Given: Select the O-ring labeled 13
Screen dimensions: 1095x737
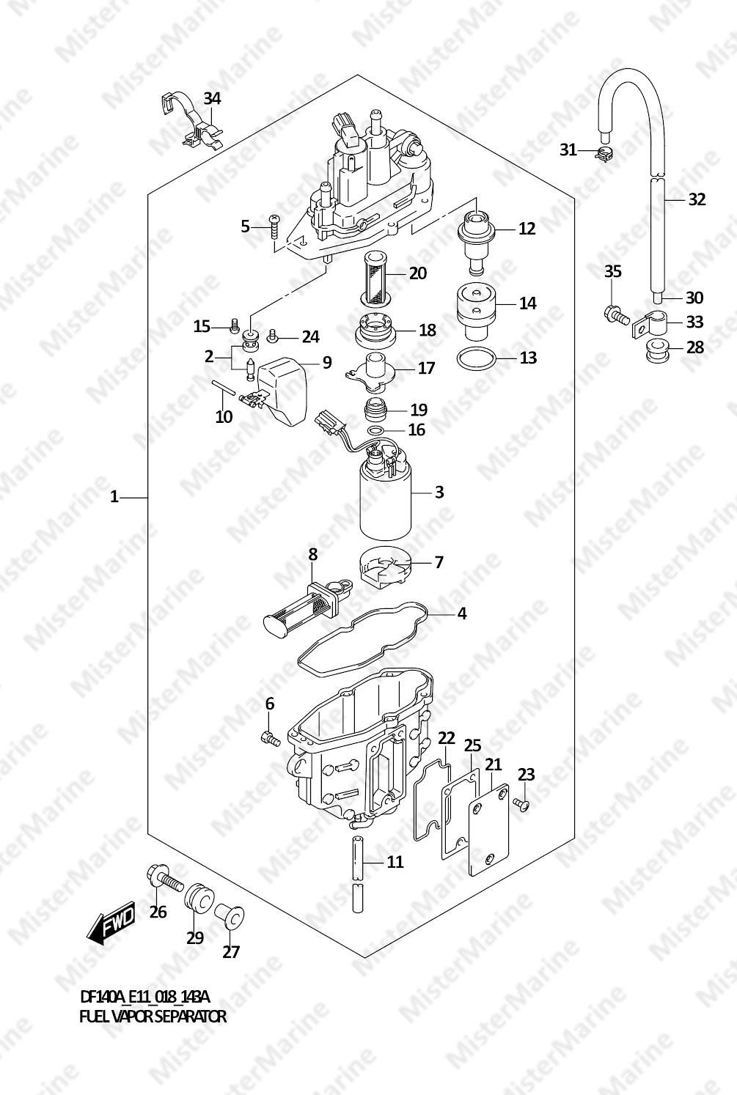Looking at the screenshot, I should coord(475,358).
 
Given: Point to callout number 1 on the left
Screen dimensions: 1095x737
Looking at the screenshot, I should coord(114,498).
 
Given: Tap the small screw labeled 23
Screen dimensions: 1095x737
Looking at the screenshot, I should coord(521,805).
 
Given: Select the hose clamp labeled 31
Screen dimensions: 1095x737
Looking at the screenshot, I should coord(605,154).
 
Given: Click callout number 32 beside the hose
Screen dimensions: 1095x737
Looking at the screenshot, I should coord(697,199).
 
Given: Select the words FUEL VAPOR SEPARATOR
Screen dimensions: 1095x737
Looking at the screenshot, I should coord(153,1017).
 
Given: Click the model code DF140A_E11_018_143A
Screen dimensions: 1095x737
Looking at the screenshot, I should coord(144,997).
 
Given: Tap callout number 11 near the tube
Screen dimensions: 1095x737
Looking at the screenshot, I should coord(395,862).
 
